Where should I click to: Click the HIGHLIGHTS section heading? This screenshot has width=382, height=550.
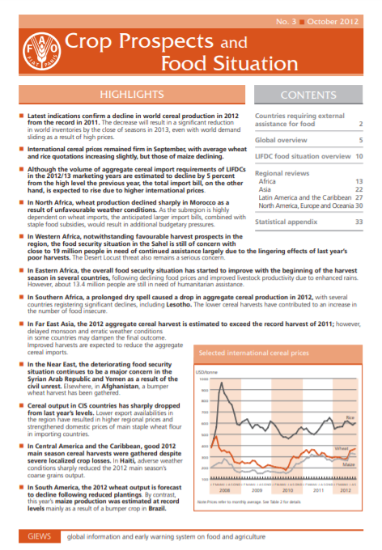click(x=125, y=93)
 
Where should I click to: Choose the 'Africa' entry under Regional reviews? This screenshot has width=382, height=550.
click(x=266, y=182)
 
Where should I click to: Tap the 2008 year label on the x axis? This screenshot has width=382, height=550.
click(x=226, y=491)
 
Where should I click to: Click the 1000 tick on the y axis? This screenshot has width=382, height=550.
click(x=203, y=379)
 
